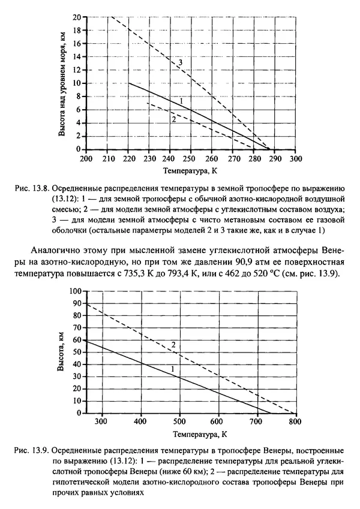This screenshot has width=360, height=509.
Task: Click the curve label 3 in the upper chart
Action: coord(179,62)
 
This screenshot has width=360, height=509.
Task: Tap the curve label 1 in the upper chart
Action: coord(180,100)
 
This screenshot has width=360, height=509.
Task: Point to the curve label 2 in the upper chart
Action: coord(173,119)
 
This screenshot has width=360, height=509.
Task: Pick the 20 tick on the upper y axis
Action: coord(76,17)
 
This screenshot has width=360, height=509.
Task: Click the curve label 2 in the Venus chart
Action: coord(173,344)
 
